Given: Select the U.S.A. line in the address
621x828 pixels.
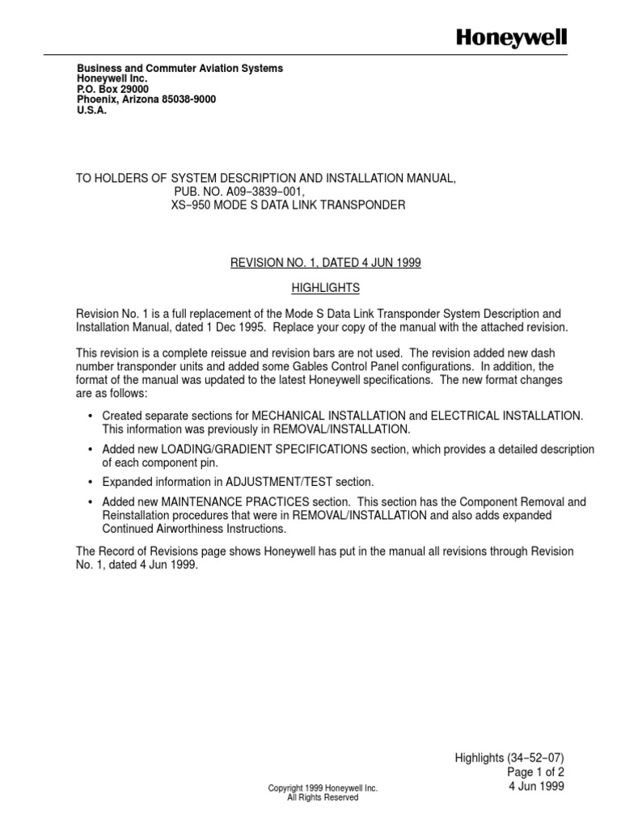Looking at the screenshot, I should click(91, 111).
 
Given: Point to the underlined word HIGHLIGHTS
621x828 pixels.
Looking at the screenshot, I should click(325, 288).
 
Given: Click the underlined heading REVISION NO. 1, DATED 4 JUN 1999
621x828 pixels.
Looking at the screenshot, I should click(326, 264).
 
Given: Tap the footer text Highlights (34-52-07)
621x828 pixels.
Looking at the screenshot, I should click(510, 758).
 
